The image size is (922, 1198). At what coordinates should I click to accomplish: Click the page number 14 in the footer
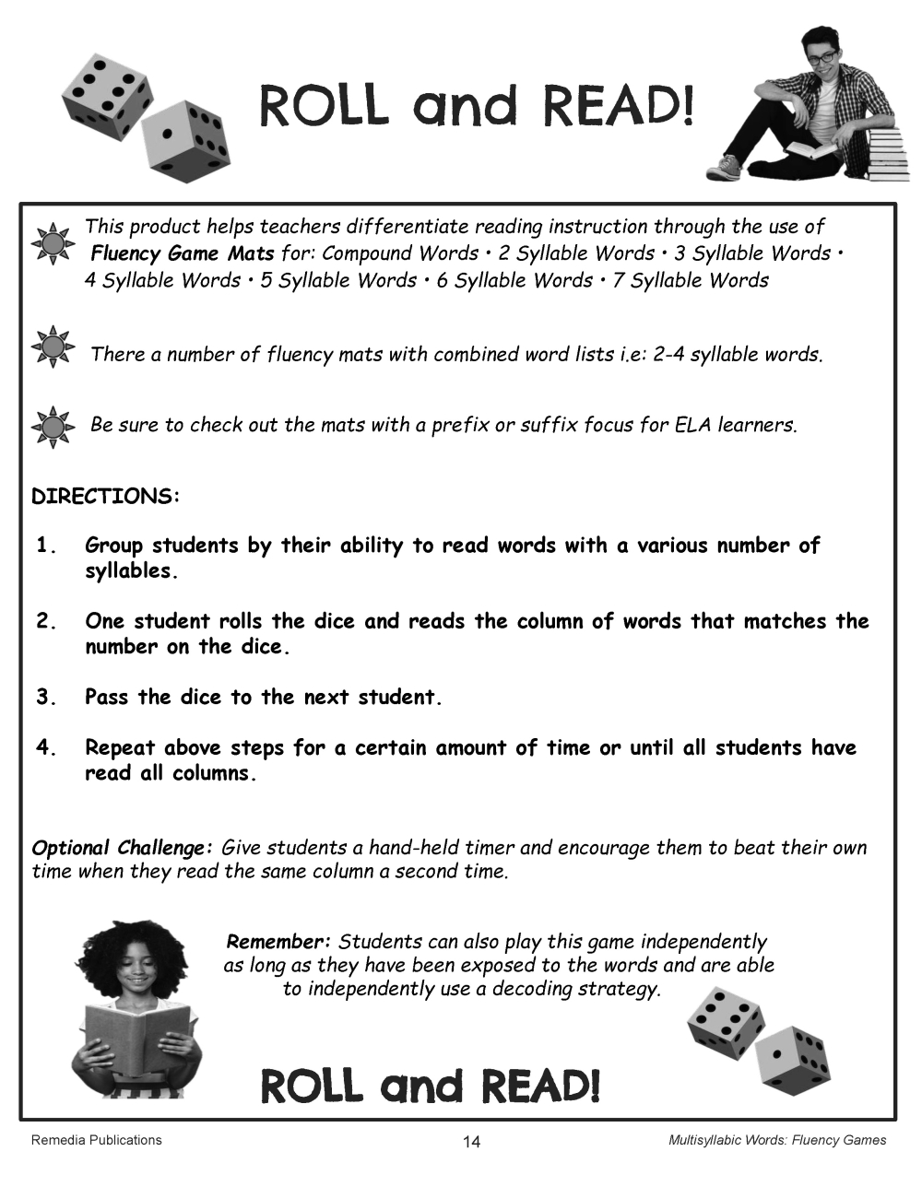471,1142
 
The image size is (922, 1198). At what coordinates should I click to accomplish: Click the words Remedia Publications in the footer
96,1140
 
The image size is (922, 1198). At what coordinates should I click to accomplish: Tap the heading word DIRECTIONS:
106,497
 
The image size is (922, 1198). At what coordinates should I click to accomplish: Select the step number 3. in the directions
47,698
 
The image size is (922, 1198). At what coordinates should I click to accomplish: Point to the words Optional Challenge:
123,848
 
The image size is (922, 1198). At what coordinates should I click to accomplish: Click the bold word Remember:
278,942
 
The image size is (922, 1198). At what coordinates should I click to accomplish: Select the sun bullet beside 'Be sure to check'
53,427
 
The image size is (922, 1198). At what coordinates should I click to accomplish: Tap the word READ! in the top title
619,107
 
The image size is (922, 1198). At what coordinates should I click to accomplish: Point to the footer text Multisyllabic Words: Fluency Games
776,1140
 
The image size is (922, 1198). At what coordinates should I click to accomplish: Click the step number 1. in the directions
47,546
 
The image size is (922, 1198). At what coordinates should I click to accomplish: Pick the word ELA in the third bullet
691,425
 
